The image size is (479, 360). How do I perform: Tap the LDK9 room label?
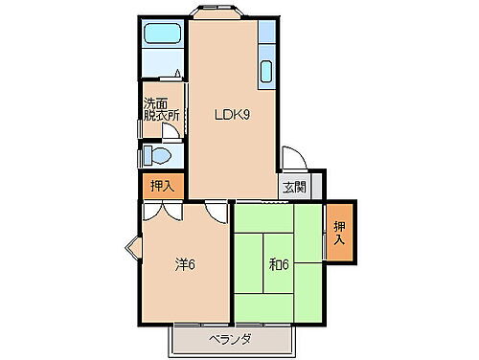[231, 116]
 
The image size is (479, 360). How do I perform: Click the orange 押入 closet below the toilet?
[160, 185]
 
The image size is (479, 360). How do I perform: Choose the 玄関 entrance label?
[294, 188]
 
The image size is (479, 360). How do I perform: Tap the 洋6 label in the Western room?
[185, 264]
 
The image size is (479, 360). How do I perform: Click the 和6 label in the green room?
[278, 264]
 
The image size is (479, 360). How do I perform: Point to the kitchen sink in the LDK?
[265, 72]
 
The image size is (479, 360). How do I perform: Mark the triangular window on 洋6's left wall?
[132, 252]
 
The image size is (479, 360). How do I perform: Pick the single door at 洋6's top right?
[215, 210]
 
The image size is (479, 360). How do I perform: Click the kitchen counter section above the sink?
[266, 38]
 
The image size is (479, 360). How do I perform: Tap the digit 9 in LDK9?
[246, 116]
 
